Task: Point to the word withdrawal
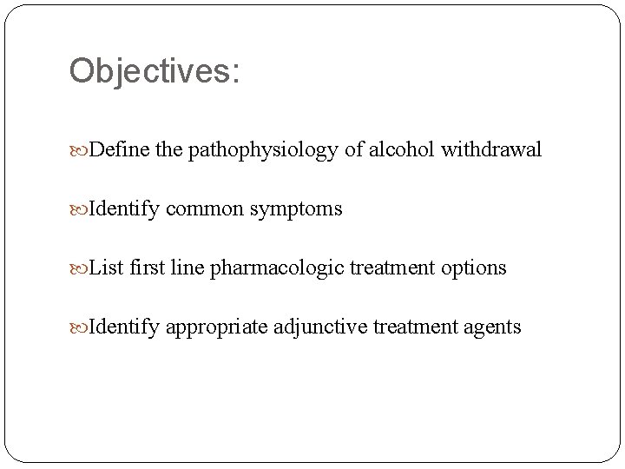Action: pos(491,150)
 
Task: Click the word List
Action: pos(107,268)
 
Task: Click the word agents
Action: pos(493,327)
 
